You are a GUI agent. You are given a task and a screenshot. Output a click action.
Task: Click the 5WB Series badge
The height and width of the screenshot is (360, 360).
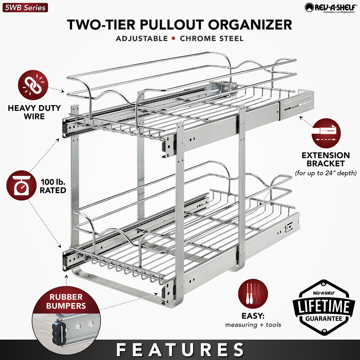coord(25,7)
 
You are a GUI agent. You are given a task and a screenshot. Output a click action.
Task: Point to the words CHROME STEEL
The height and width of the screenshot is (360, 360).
coord(212,38)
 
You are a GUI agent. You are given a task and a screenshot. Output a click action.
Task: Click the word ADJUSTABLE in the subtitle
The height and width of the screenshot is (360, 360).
coord(142,38)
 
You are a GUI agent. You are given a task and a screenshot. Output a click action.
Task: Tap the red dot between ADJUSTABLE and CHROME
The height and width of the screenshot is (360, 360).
coord(173,38)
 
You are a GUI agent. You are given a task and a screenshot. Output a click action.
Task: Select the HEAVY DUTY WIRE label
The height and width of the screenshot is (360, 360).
coord(34,112)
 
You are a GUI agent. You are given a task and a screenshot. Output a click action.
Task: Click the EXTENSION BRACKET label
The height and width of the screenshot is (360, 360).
coord(326,159)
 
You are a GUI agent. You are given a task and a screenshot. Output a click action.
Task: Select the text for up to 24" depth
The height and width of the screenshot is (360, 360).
coord(326,173)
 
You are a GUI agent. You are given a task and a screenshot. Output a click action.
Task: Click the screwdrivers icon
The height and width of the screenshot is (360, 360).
coord(253,294)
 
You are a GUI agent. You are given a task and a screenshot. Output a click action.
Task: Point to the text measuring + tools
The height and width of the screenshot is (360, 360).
coord(253,324)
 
